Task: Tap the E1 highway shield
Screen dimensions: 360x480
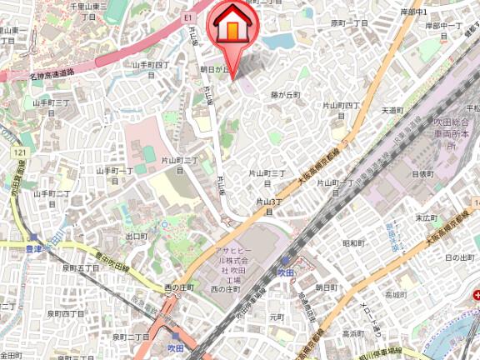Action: tap(188, 16)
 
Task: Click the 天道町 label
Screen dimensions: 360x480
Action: tap(392, 110)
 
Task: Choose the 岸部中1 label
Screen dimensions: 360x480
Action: tap(413, 12)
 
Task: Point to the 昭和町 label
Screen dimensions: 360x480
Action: tap(354, 242)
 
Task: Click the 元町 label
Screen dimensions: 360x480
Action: tap(277, 317)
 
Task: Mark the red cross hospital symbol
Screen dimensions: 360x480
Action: tap(475, 294)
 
